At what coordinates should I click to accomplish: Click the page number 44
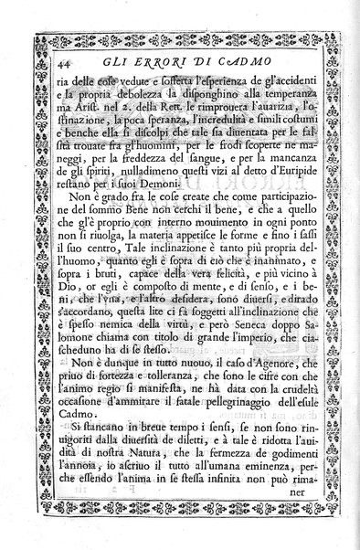pyautogui.click(x=39, y=63)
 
